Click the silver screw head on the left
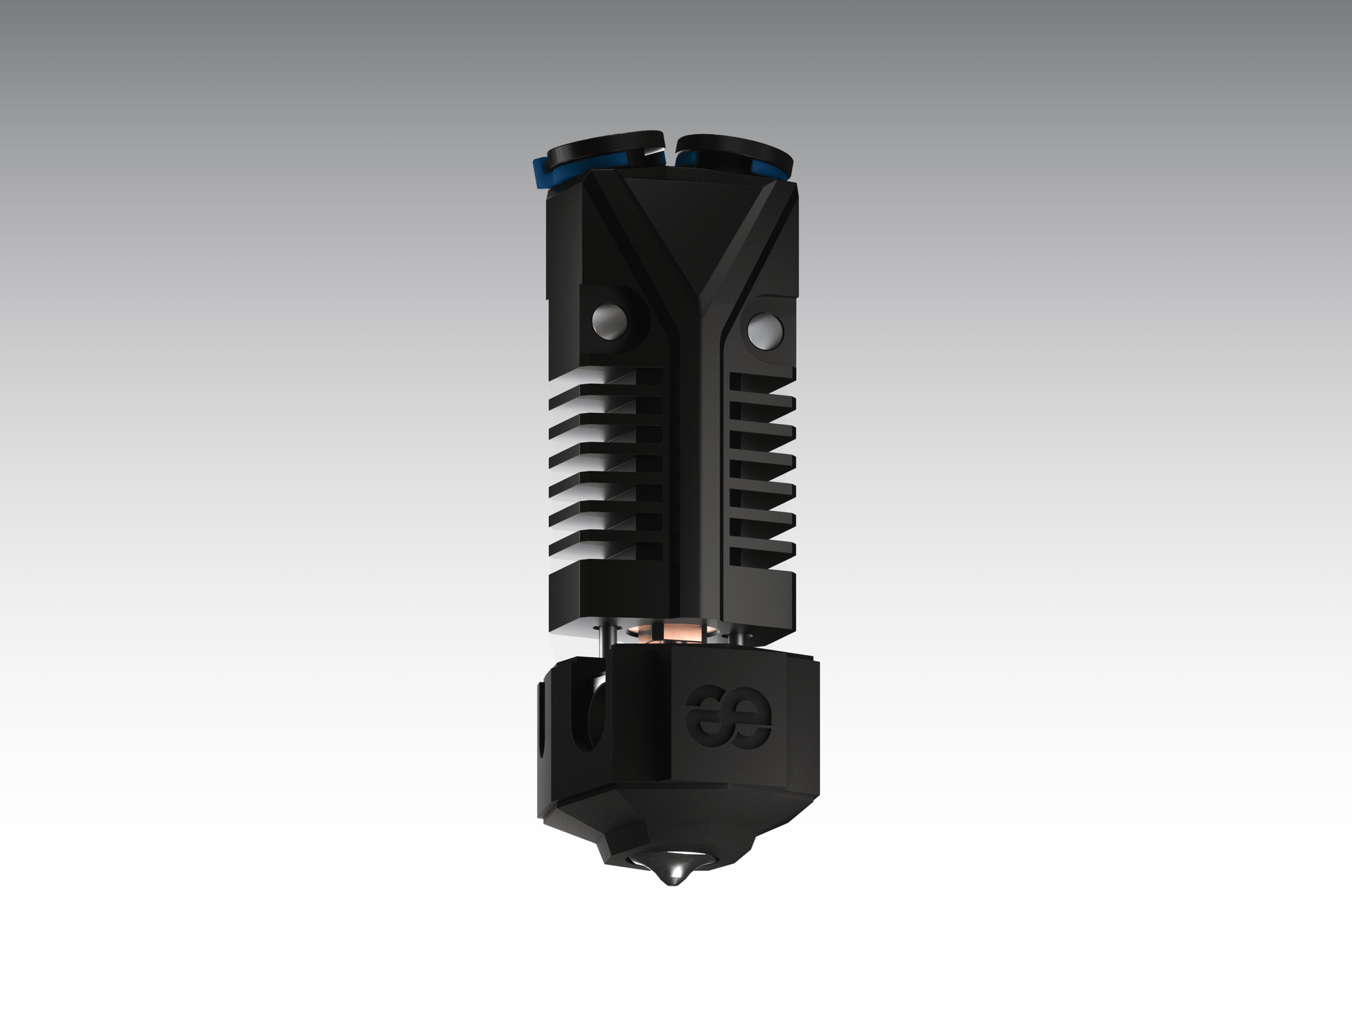click(609, 320)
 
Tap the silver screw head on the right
click(763, 328)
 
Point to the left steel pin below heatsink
click(602, 636)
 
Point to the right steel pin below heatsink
click(739, 636)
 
